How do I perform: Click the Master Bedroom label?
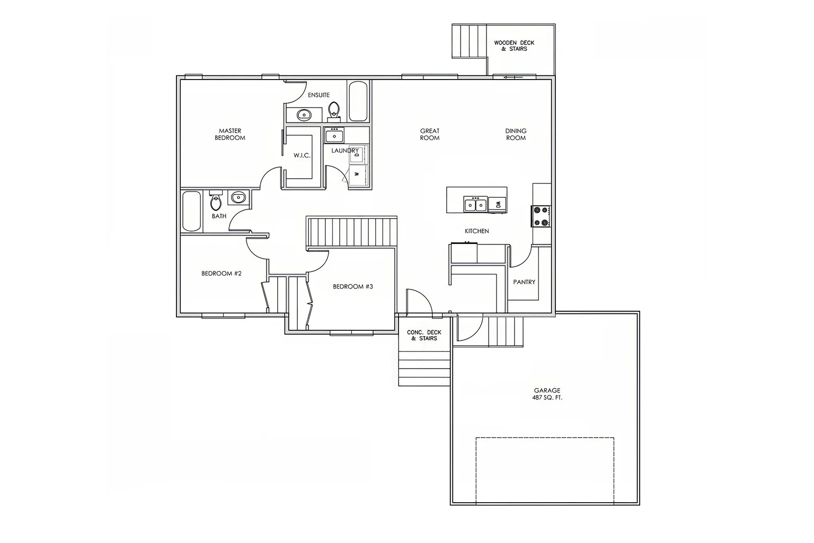tap(229, 134)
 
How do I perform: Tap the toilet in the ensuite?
tap(334, 110)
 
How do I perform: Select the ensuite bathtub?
tap(359, 101)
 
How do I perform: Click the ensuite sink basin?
tap(304, 114)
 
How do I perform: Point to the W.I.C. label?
tap(302, 155)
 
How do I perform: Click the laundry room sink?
tap(334, 135)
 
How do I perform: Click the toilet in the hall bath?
tap(215, 201)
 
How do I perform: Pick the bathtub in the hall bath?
tap(191, 211)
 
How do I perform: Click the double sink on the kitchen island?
tap(475, 204)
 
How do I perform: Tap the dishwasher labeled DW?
tap(497, 204)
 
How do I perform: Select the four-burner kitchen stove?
tap(541, 216)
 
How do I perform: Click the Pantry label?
tap(524, 282)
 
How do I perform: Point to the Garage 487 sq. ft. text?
tap(547, 394)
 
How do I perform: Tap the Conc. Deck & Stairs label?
tap(424, 335)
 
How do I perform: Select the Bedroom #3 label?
tap(353, 286)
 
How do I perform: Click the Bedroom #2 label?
tap(222, 274)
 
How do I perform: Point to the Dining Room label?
tap(516, 134)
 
